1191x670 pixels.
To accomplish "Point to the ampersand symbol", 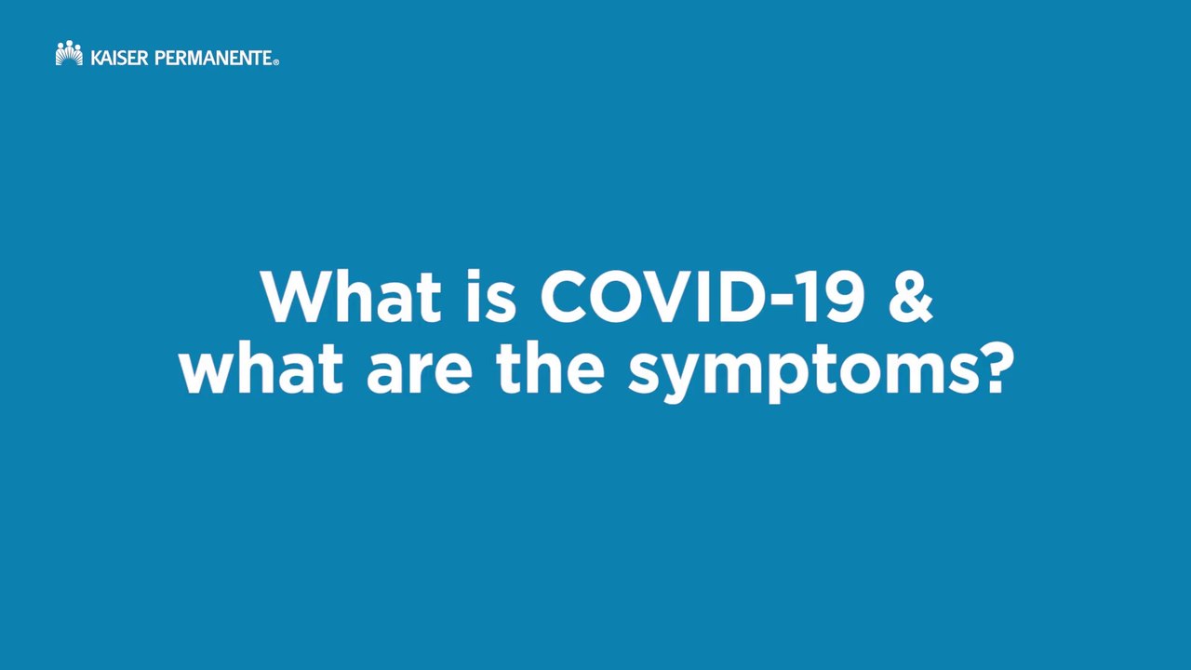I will [x=909, y=298].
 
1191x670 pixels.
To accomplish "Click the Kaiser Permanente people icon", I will [x=69, y=54].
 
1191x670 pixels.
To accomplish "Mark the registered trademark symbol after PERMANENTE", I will [x=275, y=62].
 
